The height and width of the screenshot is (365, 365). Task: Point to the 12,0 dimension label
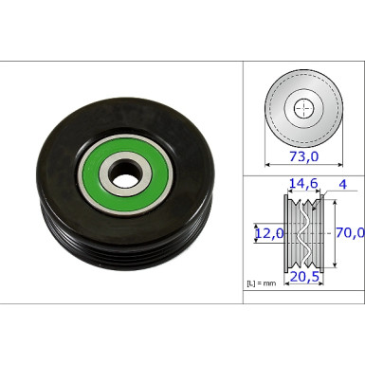pos(267,231)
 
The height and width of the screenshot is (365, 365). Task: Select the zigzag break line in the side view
pos(302,233)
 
